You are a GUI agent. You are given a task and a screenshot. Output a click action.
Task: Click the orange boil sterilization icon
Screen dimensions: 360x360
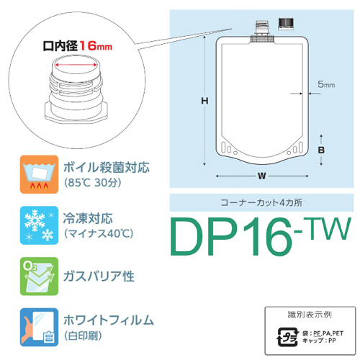[x=39, y=174]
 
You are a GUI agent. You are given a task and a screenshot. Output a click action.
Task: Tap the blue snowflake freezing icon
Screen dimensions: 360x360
[x=39, y=225]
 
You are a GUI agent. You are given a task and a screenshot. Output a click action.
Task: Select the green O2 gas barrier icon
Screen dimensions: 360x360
[x=39, y=276]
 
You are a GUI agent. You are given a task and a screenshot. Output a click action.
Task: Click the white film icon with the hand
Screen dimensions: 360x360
[x=39, y=327]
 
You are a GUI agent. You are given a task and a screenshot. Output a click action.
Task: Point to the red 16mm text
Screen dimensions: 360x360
[x=96, y=45]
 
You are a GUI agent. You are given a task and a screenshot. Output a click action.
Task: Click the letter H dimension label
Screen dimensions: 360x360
[x=204, y=101]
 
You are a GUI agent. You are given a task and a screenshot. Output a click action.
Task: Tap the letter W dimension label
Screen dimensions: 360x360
[x=262, y=176]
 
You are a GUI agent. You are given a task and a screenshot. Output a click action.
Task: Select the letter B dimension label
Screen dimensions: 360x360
[x=321, y=150]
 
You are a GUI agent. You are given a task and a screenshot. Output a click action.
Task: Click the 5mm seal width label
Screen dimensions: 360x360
[x=326, y=84]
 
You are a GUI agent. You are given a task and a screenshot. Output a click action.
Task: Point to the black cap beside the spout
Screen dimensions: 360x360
[x=286, y=24]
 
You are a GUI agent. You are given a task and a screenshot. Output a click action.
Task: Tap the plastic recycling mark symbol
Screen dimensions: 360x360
[x=288, y=337]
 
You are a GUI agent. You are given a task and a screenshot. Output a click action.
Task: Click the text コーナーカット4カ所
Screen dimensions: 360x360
[x=261, y=202]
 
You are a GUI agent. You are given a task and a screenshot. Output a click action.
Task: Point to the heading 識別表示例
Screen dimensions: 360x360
[x=310, y=315]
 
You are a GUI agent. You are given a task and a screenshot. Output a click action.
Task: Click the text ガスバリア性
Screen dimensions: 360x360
[x=99, y=276]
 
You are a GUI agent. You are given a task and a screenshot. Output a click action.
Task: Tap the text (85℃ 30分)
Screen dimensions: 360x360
[x=92, y=183]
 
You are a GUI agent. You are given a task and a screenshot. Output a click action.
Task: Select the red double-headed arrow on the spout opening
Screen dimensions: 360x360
[x=76, y=65]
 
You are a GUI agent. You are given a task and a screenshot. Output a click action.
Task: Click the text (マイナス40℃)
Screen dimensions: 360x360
[x=99, y=233]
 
